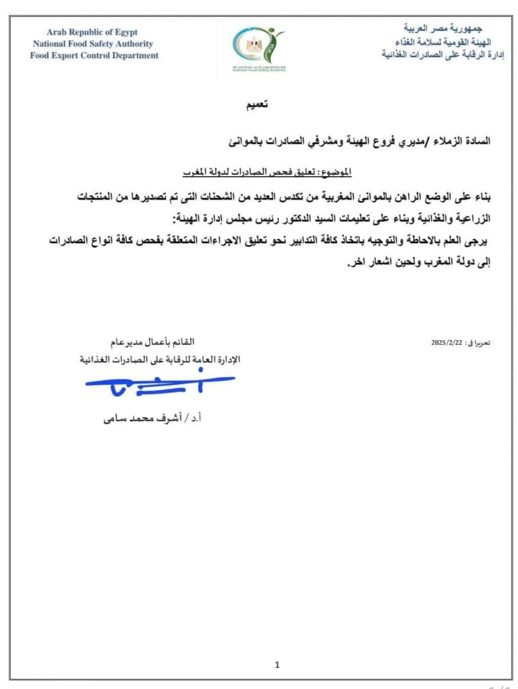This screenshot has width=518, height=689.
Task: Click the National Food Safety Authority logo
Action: [x=259, y=49]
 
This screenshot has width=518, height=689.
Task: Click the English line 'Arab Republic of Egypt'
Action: [x=92, y=32]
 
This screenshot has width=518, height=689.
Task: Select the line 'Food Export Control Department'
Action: [x=94, y=55]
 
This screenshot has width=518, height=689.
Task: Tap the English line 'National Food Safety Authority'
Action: [x=92, y=44]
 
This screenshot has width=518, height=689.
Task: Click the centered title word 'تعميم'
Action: [x=256, y=105]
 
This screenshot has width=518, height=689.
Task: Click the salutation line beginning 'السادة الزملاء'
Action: [x=358, y=141]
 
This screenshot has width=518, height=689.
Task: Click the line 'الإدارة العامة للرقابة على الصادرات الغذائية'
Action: [x=160, y=360]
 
